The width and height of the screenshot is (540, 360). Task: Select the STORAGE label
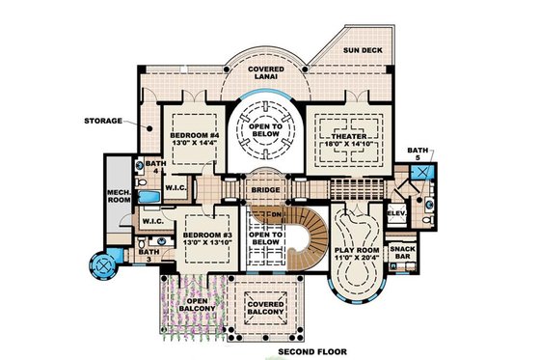coord(114,122)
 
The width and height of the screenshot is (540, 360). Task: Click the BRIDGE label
coord(263,191)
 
